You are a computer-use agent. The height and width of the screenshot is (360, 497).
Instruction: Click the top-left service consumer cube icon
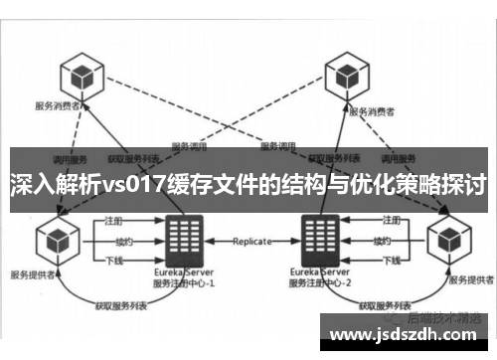tap(80, 75)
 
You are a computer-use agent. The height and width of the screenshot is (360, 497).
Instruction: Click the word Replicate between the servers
tap(251, 242)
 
